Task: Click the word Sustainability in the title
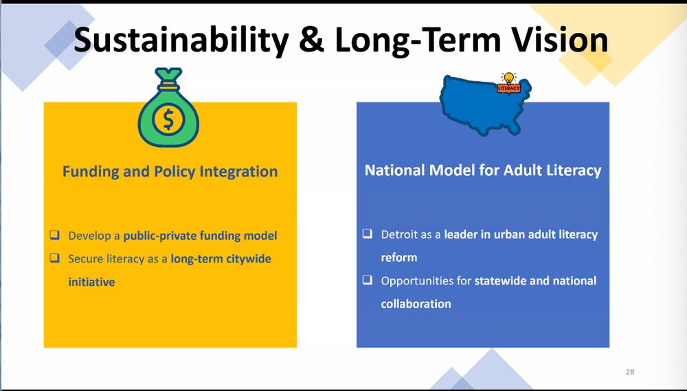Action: (181, 39)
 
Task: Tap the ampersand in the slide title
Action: (312, 39)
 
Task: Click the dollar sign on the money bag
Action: (168, 120)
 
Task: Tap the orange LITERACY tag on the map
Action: (508, 89)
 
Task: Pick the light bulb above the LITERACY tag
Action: (508, 78)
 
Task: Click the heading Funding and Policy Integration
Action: (170, 171)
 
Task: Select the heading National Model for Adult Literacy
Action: (483, 170)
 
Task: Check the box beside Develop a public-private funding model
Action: (54, 234)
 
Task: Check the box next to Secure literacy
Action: (54, 257)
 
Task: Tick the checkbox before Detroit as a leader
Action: (367, 233)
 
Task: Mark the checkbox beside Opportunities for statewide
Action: (367, 279)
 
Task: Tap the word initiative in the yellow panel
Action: (91, 282)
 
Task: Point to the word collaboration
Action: (416, 304)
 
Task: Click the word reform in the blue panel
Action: (398, 257)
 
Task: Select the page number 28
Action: (630, 372)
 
